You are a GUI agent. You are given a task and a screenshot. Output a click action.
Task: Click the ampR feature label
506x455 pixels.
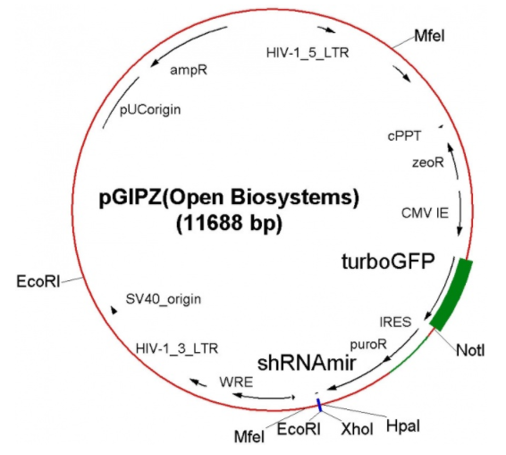[x=189, y=70]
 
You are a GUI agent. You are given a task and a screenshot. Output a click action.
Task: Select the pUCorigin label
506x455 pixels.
[x=150, y=110]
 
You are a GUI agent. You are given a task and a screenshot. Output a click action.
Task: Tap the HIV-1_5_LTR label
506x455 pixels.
[x=308, y=53]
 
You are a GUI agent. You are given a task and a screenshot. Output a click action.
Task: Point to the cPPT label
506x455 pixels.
[x=404, y=136]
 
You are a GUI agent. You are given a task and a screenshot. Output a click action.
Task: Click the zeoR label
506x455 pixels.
[x=428, y=162]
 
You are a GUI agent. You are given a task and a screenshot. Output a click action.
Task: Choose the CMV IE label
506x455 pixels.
[x=425, y=213]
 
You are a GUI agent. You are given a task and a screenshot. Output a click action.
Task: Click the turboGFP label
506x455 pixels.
[x=388, y=262]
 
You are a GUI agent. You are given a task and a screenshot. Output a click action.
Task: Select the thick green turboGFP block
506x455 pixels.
[x=452, y=294]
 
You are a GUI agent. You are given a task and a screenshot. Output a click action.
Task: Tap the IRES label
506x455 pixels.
[x=396, y=322]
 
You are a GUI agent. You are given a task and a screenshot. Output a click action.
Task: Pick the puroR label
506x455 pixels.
[x=368, y=345]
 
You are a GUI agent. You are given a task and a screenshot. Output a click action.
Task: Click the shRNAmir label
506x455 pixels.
[x=307, y=363]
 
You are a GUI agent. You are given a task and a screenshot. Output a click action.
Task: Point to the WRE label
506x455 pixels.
[x=236, y=382]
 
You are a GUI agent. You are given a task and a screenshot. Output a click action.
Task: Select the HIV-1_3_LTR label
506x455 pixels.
[x=177, y=348]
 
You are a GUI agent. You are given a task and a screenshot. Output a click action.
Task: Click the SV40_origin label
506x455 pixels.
[x=163, y=299]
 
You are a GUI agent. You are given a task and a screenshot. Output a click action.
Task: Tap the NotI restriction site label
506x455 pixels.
[x=470, y=350]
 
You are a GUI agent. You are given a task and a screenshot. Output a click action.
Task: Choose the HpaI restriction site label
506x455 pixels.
[x=403, y=426]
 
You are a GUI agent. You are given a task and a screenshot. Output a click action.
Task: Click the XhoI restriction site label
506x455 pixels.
[x=357, y=429]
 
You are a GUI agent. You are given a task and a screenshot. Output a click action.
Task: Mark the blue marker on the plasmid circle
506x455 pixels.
[x=319, y=405]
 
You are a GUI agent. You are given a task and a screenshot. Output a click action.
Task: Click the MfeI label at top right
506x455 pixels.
[x=429, y=36]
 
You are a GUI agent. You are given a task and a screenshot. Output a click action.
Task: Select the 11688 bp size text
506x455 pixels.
[x=229, y=222]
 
